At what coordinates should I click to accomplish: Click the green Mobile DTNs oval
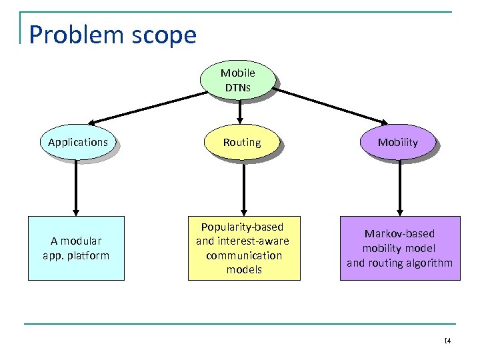point(237,81)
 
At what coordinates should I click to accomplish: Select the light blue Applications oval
point(78,143)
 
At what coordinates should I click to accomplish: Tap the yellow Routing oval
point(242,143)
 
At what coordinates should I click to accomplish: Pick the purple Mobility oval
point(398,143)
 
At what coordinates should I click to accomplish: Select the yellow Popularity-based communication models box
point(243,248)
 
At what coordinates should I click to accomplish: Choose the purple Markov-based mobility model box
point(399,248)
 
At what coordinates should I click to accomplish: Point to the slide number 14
point(447,341)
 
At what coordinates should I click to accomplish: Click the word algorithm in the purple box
point(428,263)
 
